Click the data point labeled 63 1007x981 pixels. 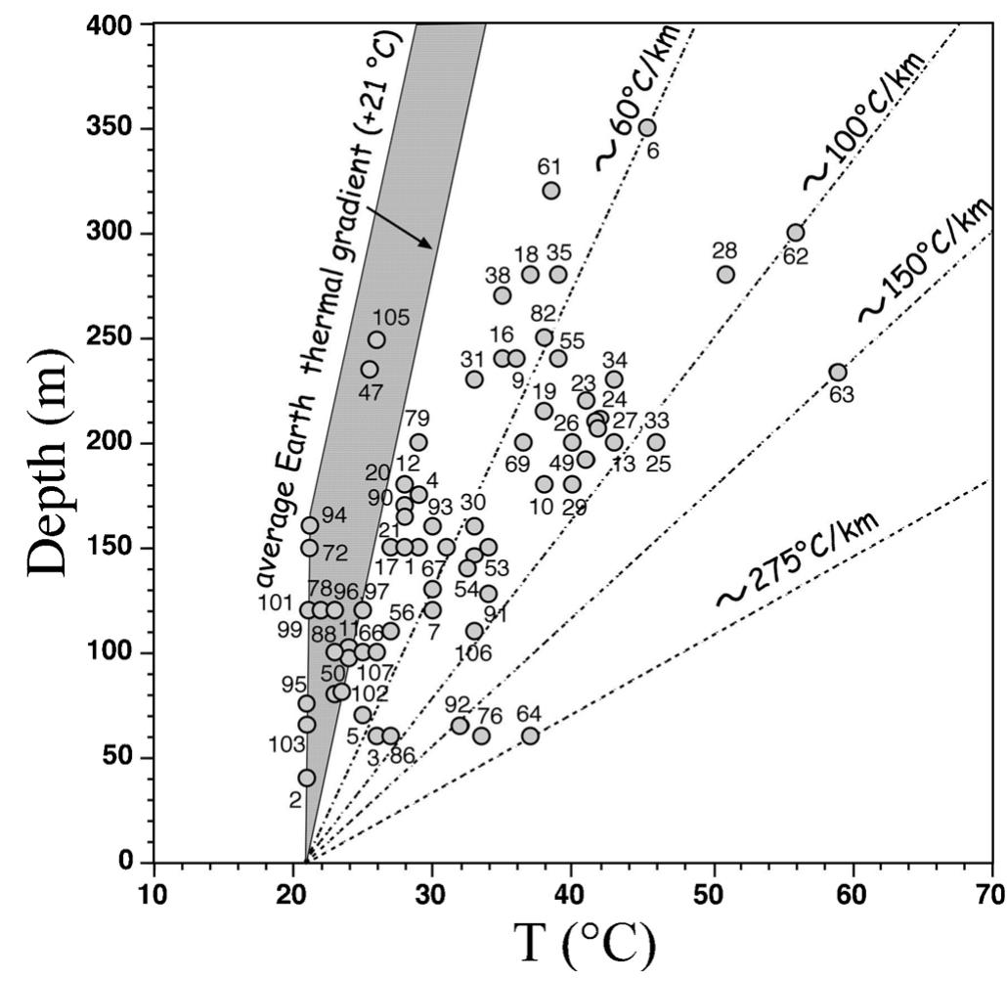pyautogui.click(x=838, y=372)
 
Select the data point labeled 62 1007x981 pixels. pyautogui.click(x=796, y=233)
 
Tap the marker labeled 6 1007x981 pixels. pyautogui.click(x=647, y=128)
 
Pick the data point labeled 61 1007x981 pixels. pyautogui.click(x=551, y=191)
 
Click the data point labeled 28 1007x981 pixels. pyautogui.click(x=725, y=275)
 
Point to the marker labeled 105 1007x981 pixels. pyautogui.click(x=376, y=340)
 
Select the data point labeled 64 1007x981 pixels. pyautogui.click(x=530, y=736)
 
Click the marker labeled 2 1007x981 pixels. pyautogui.click(x=307, y=778)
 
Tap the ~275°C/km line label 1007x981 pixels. pyautogui.click(x=800, y=559)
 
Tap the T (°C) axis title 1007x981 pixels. pyautogui.click(x=586, y=943)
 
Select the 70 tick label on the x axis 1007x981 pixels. pyautogui.click(x=991, y=894)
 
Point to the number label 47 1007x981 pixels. pyautogui.click(x=371, y=393)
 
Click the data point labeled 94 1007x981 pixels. pyautogui.click(x=310, y=525)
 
